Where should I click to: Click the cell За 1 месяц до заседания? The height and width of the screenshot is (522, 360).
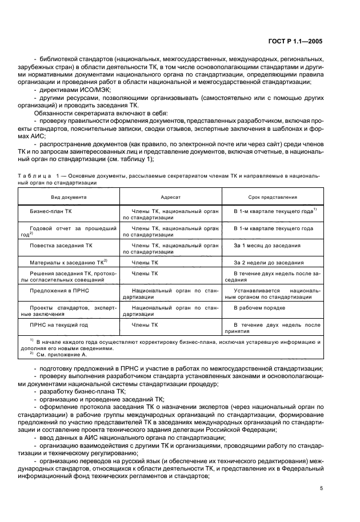[x=266, y=245]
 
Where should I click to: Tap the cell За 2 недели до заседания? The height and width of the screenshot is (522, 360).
[x=268, y=263]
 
